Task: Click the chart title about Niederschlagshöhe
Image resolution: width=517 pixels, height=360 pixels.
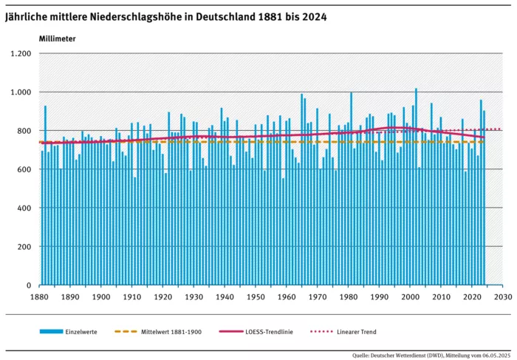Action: pyautogui.click(x=166, y=16)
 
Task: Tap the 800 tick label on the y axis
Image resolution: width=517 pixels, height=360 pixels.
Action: pyautogui.click(x=24, y=131)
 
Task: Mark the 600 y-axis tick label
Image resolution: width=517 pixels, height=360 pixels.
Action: pyautogui.click(x=24, y=169)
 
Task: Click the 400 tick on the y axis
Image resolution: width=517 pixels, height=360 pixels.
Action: pyautogui.click(x=24, y=208)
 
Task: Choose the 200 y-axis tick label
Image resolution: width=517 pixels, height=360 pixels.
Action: pyautogui.click(x=24, y=246)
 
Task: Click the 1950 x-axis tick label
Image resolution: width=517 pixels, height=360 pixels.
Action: pyautogui.click(x=256, y=297)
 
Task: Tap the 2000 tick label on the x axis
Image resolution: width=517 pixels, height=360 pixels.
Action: pyautogui.click(x=410, y=297)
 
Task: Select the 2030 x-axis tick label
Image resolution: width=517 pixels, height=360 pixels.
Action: pyautogui.click(x=502, y=297)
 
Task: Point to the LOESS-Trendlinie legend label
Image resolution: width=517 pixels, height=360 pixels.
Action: pyautogui.click(x=270, y=332)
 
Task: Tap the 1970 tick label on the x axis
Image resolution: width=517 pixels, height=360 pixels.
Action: pyautogui.click(x=317, y=297)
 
